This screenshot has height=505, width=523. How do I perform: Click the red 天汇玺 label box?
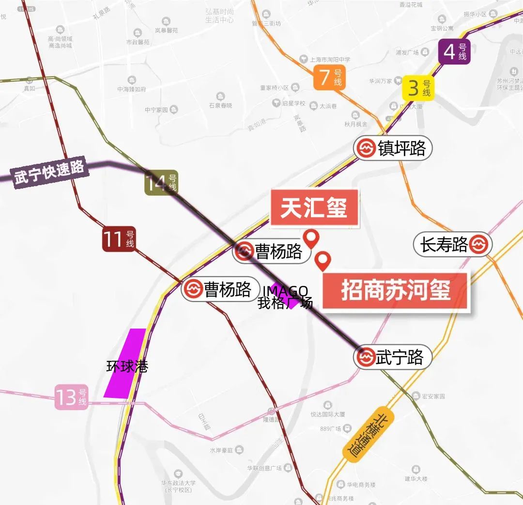point(314,207)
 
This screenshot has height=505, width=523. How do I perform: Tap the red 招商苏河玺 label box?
point(396,291)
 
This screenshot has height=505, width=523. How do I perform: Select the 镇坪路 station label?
point(393,148)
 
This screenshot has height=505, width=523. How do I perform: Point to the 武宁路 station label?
point(393,358)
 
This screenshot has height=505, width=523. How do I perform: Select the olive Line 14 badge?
point(161,184)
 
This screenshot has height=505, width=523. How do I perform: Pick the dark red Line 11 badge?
point(119,239)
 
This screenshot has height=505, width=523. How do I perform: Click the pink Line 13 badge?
point(71,397)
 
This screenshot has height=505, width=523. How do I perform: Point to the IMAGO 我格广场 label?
point(286,297)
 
